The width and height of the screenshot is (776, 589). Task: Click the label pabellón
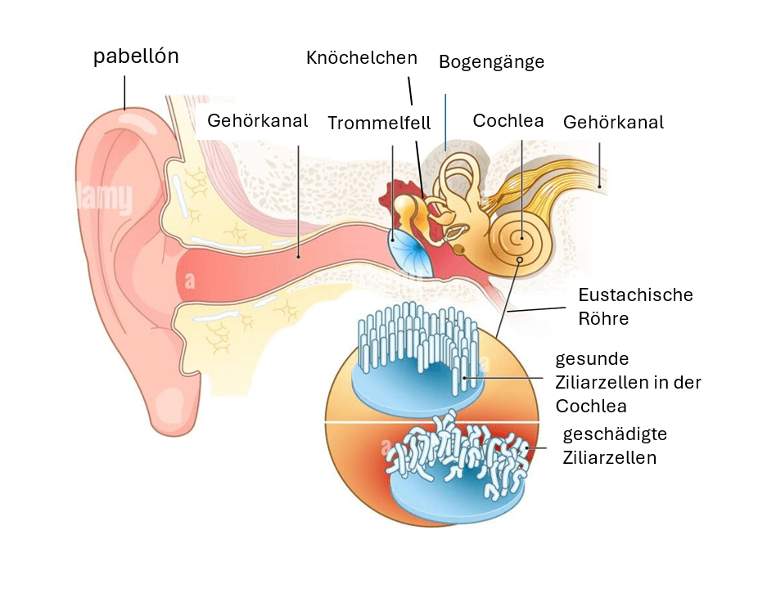(x=136, y=57)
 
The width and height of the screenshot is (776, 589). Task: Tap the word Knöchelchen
(x=362, y=58)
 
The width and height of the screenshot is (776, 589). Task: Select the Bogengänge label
(x=491, y=62)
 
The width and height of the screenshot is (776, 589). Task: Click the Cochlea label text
(x=508, y=121)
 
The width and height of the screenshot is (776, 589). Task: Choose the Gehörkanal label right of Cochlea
(x=613, y=123)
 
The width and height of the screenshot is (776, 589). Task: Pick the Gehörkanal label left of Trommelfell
(x=257, y=121)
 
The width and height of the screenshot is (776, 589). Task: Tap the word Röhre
(x=603, y=318)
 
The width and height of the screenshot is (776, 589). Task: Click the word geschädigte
(x=616, y=434)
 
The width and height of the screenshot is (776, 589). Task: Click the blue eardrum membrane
(x=406, y=250)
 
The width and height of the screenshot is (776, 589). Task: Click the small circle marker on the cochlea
(x=520, y=262)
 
